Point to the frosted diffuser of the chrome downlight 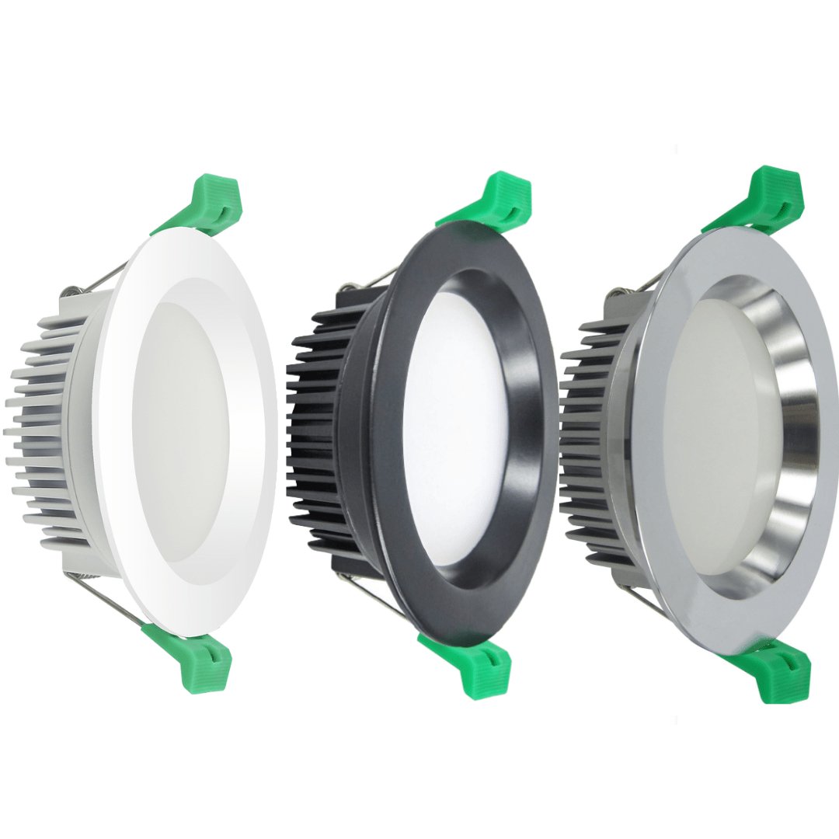pos(715,435)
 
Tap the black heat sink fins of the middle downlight pos(319,435)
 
